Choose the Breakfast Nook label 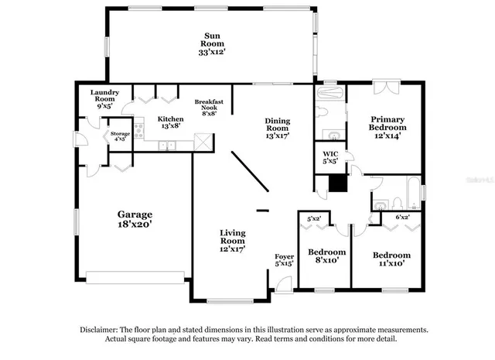click(208, 107)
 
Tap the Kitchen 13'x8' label click(170, 123)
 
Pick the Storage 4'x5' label click(120, 136)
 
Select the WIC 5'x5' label click(329, 158)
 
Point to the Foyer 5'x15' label click(285, 260)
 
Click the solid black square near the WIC click(336, 183)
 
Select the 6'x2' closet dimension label click(401, 218)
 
